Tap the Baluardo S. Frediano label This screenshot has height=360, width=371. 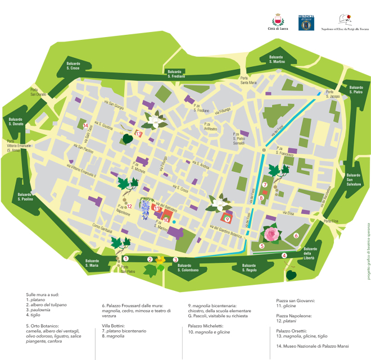pyautogui.click(x=177, y=72)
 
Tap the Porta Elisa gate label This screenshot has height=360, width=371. pyautogui.click(x=332, y=222)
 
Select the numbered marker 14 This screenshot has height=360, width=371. pyautogui.click(x=85, y=125)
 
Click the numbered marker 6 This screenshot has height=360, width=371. pyautogui.click(x=296, y=235)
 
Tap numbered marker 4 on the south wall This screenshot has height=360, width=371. pyautogui.click(x=284, y=256)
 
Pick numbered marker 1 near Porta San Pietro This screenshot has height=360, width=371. pyautogui.click(x=126, y=259)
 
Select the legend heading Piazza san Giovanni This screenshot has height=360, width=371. pyautogui.click(x=295, y=300)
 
